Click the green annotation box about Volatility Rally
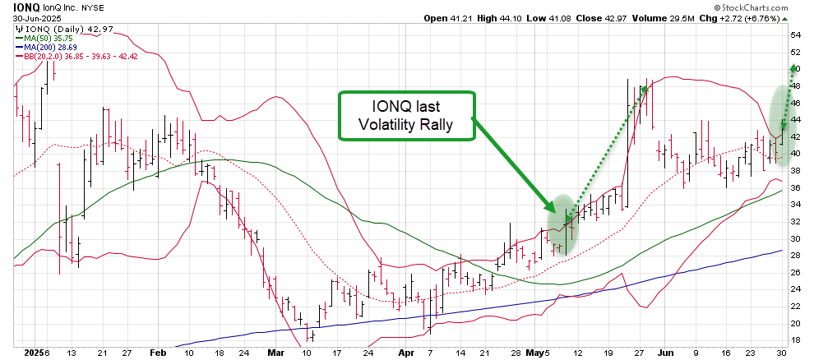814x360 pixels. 407,116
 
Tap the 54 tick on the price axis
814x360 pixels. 796,36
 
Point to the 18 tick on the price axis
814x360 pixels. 796,340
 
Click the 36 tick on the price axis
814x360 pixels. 796,188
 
